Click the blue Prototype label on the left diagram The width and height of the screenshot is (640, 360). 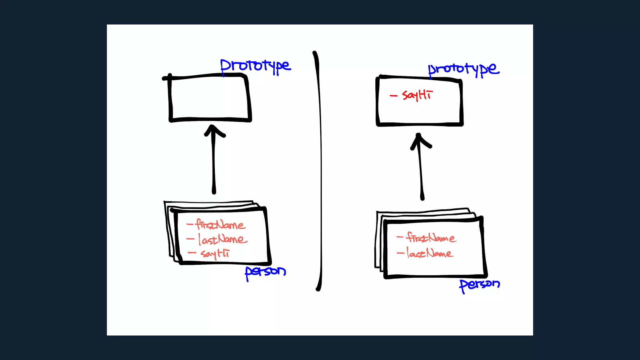click(255, 66)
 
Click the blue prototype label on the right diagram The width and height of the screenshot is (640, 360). click(463, 69)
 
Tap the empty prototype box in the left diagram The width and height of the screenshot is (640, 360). click(209, 98)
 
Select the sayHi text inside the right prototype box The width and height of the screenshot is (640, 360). click(417, 95)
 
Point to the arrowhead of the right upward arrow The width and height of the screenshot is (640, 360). click(419, 140)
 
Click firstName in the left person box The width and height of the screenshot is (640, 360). click(220, 225)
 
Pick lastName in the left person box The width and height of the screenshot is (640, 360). click(222, 239)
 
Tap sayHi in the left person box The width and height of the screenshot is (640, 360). click(215, 253)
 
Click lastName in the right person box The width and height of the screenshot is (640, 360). click(429, 253)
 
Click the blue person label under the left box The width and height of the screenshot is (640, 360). click(265, 272)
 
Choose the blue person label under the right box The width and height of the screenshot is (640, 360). click(479, 285)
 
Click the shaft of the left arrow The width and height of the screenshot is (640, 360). click(214, 166)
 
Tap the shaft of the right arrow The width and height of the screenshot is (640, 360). click(421, 175)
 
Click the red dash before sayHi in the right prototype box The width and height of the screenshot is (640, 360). click(393, 96)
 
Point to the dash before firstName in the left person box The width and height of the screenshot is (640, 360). click(190, 224)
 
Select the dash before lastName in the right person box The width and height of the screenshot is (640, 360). click(400, 253)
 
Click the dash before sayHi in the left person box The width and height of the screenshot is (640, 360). click(192, 253)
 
